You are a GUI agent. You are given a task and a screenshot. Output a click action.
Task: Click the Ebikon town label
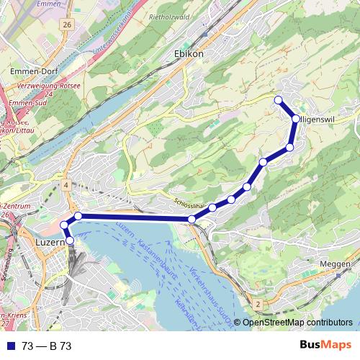189,54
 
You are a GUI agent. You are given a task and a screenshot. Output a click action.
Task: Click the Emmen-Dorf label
29,72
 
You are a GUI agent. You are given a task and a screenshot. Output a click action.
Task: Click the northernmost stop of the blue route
278,100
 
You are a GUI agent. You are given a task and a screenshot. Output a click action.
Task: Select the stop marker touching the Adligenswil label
295,118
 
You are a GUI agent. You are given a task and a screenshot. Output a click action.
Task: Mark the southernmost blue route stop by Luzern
70,240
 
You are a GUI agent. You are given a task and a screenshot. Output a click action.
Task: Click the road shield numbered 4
66,186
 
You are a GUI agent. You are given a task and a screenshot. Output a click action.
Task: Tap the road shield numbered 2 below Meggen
257,305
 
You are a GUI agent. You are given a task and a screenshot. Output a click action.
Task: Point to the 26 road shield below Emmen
67,24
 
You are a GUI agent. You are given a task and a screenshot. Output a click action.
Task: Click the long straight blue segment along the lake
133,217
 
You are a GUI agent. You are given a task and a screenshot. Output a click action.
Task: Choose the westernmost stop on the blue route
63,225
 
